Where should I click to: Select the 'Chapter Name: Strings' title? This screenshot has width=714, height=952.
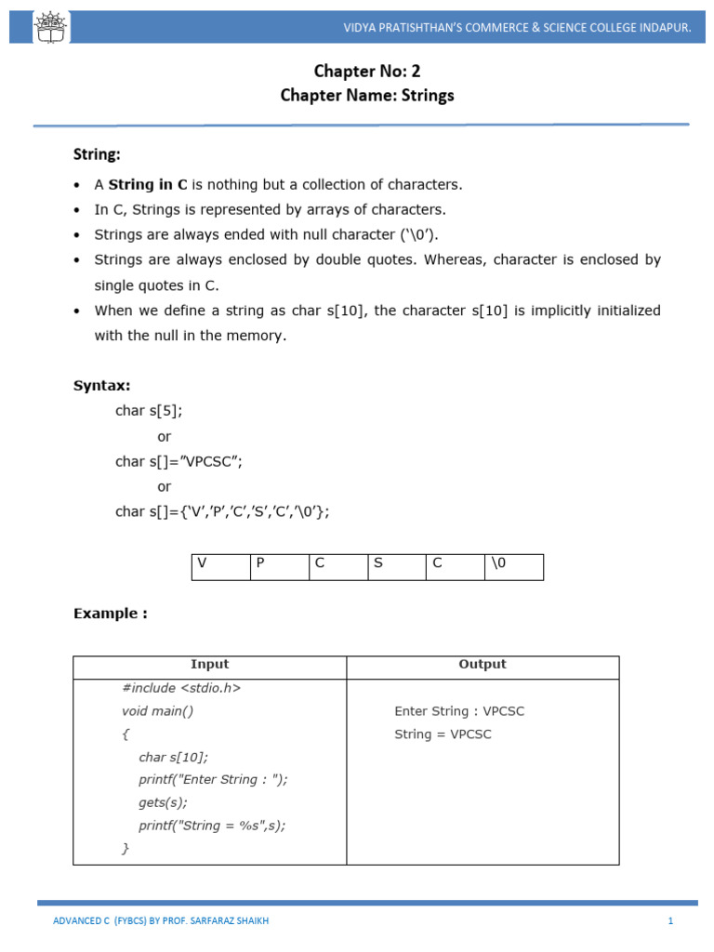(x=367, y=96)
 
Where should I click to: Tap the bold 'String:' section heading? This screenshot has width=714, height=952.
(x=98, y=153)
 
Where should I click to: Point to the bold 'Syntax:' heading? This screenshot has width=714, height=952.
(x=102, y=385)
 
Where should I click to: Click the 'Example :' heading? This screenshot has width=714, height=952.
(x=111, y=614)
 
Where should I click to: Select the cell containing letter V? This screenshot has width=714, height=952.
(x=220, y=567)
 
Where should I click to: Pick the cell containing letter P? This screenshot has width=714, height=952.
(x=279, y=567)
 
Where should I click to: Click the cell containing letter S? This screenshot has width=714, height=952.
(x=396, y=567)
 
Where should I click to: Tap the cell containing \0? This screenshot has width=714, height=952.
(x=513, y=567)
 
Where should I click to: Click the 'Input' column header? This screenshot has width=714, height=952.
(x=209, y=665)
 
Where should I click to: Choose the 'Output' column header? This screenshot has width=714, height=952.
(x=483, y=665)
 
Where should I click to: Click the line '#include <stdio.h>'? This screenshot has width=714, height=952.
(x=181, y=689)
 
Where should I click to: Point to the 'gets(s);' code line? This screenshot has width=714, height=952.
(x=164, y=802)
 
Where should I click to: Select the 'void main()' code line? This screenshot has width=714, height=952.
(x=157, y=711)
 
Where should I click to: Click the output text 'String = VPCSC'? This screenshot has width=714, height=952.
(x=443, y=734)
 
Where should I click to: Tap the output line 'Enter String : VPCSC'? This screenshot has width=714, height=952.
(x=459, y=711)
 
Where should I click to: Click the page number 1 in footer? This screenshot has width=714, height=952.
(x=669, y=921)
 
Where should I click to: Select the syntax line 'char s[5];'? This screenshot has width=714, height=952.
(x=142, y=410)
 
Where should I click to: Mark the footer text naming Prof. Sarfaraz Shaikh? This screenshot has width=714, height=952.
(x=162, y=921)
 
